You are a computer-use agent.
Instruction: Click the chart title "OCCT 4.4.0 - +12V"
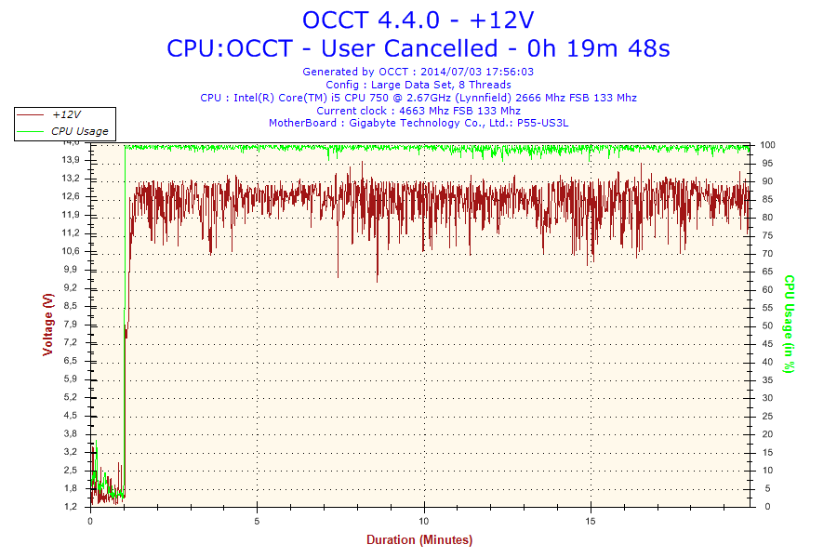tap(418, 20)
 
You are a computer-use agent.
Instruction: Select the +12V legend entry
tap(65, 114)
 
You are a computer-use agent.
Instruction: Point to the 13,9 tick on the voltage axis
tap(71, 160)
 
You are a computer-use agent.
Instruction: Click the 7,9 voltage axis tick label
tap(71, 324)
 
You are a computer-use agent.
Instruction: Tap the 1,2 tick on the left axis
tap(71, 507)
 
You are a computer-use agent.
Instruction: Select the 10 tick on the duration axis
tap(424, 521)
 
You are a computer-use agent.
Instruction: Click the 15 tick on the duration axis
tap(591, 521)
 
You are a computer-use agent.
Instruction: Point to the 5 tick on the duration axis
tap(258, 521)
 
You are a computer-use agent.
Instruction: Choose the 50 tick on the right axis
tap(766, 325)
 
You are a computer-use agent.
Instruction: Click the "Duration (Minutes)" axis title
tap(418, 540)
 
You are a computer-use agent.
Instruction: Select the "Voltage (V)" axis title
tap(47, 325)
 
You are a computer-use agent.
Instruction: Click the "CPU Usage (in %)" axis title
tap(789, 325)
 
